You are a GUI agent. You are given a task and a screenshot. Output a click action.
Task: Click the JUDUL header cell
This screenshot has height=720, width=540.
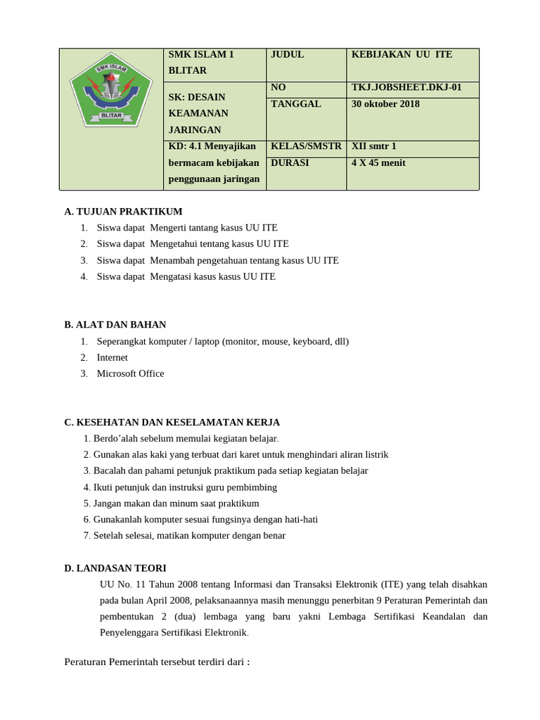pyautogui.click(x=288, y=55)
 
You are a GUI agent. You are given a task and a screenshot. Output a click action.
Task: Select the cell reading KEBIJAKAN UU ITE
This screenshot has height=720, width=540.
pyautogui.click(x=401, y=55)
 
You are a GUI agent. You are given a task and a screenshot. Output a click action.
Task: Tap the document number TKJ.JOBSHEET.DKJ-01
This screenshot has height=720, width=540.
pyautogui.click(x=406, y=88)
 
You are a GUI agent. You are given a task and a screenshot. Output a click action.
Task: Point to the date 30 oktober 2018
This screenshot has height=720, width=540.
pyautogui.click(x=385, y=104)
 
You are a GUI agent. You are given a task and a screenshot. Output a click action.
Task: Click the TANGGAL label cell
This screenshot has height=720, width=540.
pyautogui.click(x=295, y=104)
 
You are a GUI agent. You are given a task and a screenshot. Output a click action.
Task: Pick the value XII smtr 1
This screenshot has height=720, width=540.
pyautogui.click(x=374, y=146)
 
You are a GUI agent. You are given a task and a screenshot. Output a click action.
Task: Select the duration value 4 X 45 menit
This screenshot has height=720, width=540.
pyautogui.click(x=378, y=163)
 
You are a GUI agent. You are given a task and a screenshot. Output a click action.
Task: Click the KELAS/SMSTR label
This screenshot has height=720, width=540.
pyautogui.click(x=306, y=146)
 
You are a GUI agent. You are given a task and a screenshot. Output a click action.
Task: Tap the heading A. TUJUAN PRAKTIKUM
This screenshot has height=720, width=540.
pyautogui.click(x=123, y=212)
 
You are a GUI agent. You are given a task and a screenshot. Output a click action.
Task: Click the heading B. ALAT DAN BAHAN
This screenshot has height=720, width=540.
pyautogui.click(x=115, y=325)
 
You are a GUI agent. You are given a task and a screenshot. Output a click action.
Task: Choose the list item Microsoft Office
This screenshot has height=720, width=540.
pyautogui.click(x=130, y=373)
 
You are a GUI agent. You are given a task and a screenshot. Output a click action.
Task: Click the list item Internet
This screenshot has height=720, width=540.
pyautogui.click(x=112, y=357)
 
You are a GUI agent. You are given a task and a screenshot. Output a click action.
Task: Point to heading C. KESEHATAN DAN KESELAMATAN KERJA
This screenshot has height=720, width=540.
pyautogui.click(x=172, y=423)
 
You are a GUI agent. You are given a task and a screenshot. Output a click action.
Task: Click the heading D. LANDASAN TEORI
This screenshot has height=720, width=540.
pyautogui.click(x=115, y=568)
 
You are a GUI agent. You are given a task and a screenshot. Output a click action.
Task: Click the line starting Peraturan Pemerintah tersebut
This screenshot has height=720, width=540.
pyautogui.click(x=157, y=662)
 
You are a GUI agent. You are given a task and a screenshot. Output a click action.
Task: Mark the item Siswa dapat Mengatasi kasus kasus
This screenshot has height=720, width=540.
pyautogui.click(x=186, y=276)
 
